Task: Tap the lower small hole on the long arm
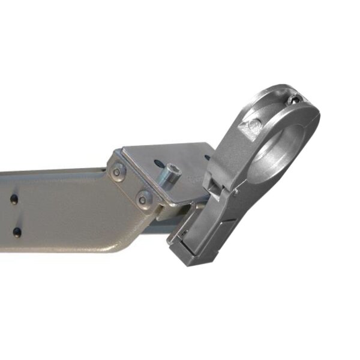tap(17, 232)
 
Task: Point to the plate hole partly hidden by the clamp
tap(206, 158)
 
